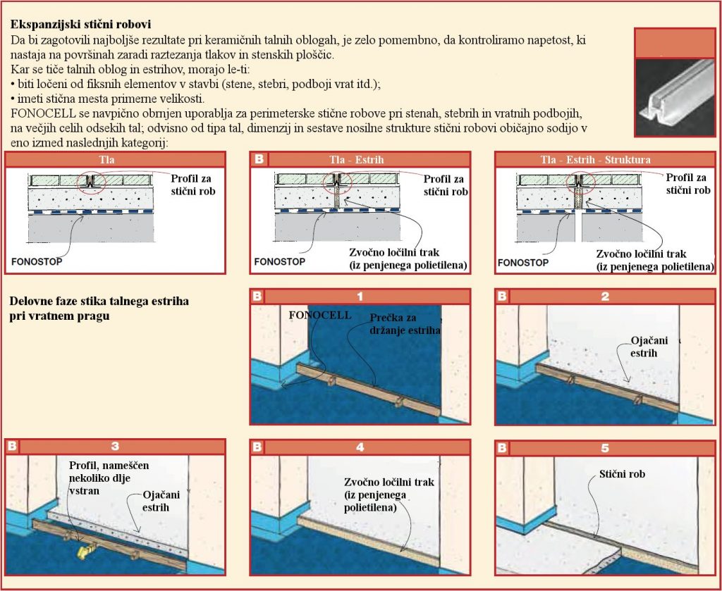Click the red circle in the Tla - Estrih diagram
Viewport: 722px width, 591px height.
336,182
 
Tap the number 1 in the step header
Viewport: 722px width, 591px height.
360,297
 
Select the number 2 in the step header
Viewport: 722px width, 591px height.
605,297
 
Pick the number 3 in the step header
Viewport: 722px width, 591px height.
115,447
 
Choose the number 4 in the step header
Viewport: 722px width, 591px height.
360,447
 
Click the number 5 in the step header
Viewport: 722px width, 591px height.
605,447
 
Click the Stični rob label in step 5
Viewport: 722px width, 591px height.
622,475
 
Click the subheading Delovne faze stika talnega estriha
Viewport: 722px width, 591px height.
99,301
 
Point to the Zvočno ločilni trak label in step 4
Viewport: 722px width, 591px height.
388,494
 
